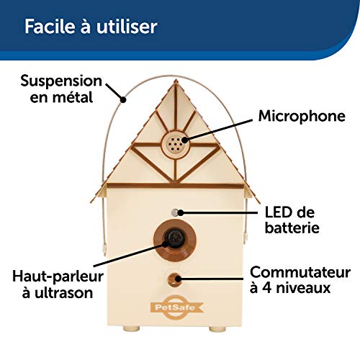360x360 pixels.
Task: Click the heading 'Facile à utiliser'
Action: click(91, 26)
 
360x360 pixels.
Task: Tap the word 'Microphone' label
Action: click(302, 117)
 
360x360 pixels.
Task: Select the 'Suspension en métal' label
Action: click(61, 89)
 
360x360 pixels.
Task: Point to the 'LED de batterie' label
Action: click(292, 220)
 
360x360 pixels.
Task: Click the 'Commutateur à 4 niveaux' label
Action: click(300, 280)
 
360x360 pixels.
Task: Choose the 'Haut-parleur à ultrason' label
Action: click(58, 284)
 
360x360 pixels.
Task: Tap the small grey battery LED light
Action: click(175, 212)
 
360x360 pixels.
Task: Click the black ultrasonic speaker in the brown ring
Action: click(175, 238)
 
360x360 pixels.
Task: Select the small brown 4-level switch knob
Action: click(174, 279)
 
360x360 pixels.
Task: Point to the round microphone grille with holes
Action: click(176, 144)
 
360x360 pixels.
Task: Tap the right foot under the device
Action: click(217, 328)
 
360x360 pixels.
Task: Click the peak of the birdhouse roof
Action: click(176, 81)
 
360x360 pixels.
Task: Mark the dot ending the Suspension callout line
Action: click(123, 99)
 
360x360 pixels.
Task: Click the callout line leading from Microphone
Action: click(218, 130)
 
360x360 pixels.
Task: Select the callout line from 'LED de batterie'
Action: click(217, 212)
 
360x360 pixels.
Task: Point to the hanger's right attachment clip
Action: click(245, 237)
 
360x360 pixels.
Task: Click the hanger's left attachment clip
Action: click(104, 250)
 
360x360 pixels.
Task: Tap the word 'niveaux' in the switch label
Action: click(303, 287)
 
